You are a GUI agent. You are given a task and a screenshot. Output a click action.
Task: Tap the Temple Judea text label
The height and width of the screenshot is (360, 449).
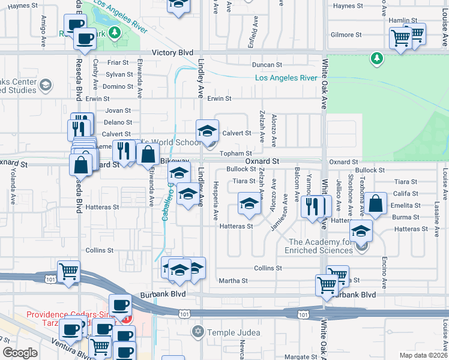click(234, 332)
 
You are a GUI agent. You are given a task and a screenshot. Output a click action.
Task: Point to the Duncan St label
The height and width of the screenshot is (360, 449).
click(267, 65)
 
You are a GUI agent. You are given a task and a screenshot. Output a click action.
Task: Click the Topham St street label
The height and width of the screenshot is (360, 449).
click(231, 154)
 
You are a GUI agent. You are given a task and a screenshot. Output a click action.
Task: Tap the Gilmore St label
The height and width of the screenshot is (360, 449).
click(347, 35)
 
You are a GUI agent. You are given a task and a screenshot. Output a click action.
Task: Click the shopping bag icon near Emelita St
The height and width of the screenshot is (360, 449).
click(376, 204)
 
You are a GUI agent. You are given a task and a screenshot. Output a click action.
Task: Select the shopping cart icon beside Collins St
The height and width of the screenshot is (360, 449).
click(69, 271)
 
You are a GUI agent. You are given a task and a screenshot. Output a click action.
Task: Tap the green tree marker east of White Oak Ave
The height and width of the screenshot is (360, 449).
click(376, 58)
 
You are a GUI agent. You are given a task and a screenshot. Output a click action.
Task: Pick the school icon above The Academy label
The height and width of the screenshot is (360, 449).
click(361, 230)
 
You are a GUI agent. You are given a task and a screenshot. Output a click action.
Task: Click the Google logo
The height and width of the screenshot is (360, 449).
click(20, 353)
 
